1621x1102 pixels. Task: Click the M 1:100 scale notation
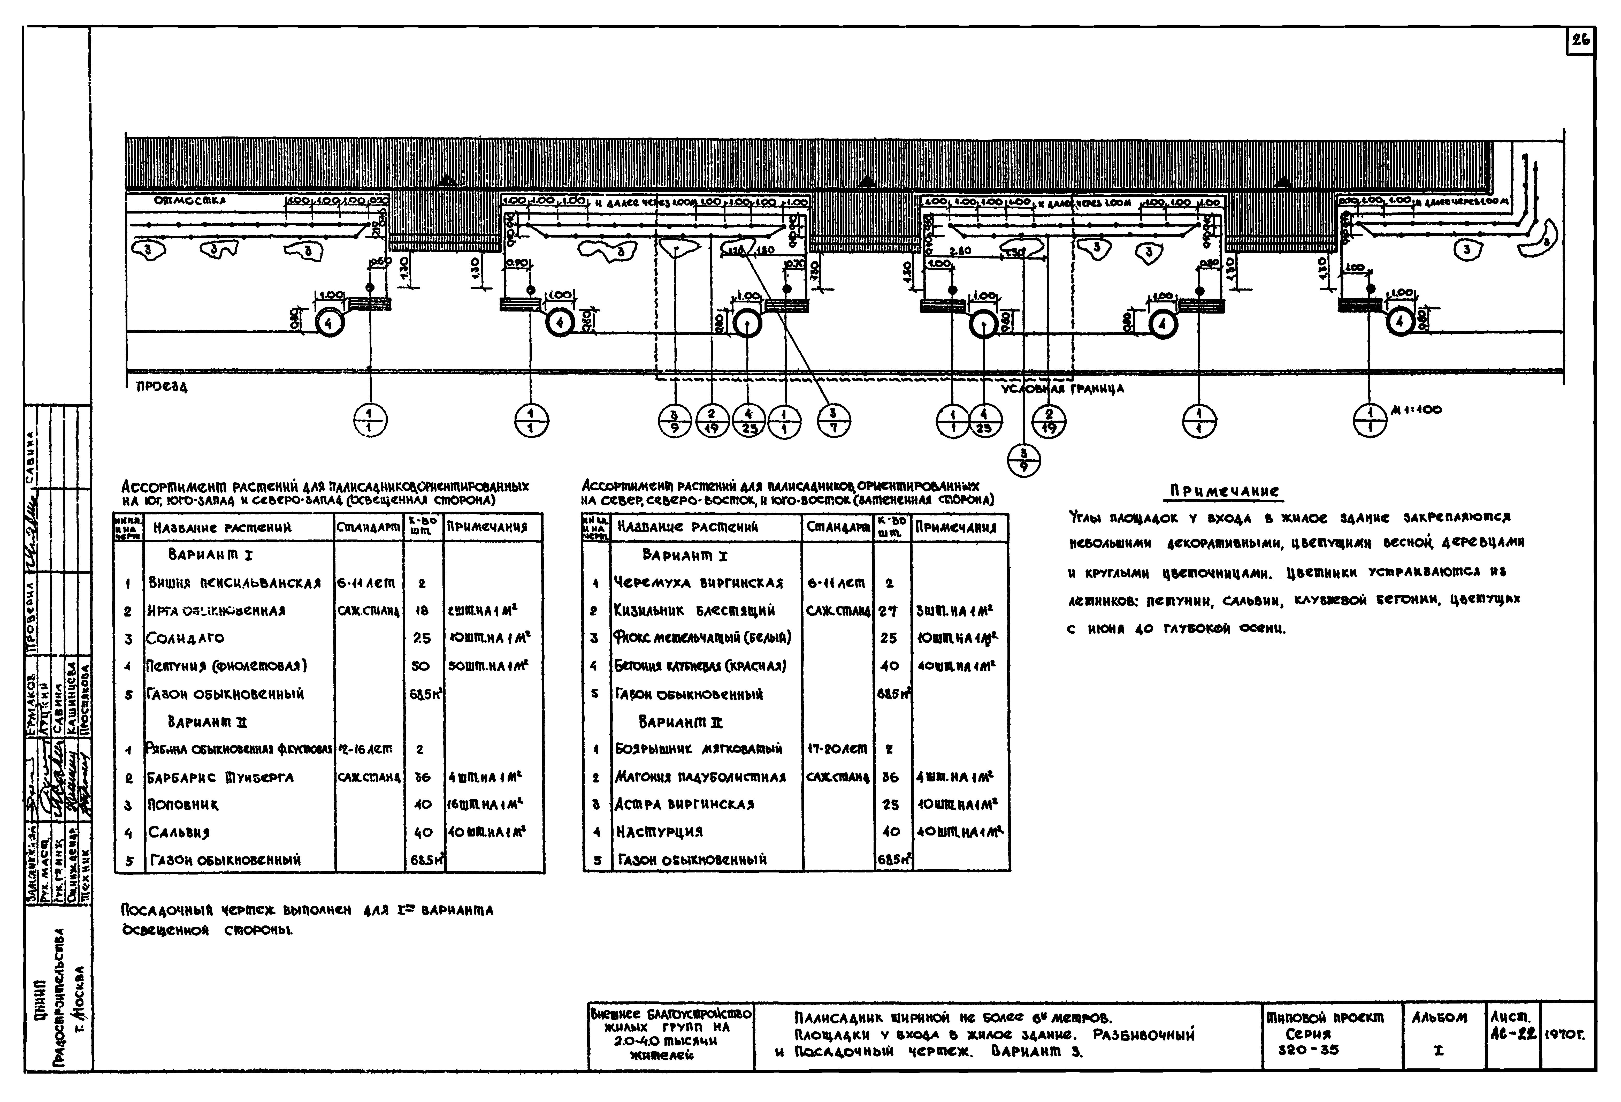[1416, 410]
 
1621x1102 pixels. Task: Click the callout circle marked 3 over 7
[833, 421]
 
